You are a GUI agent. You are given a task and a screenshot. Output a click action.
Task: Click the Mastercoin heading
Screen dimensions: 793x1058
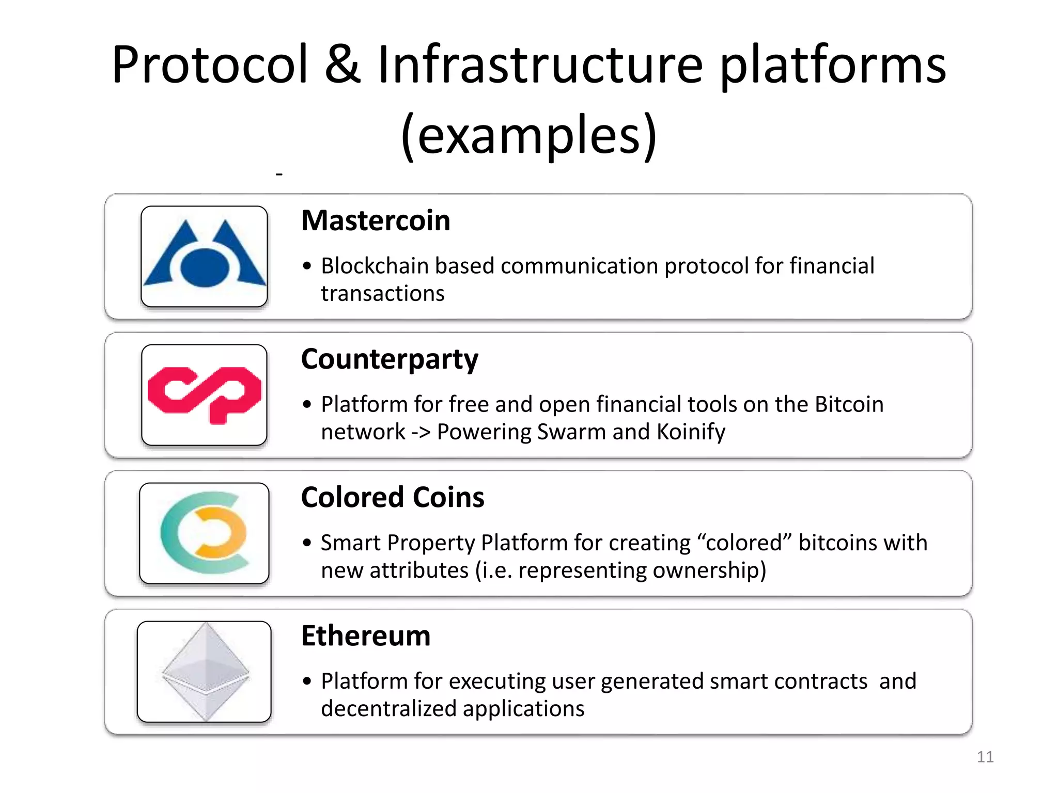click(x=376, y=221)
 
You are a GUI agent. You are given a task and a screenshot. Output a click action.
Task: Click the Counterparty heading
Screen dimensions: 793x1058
click(x=390, y=359)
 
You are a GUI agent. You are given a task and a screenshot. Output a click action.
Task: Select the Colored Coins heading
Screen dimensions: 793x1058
click(x=393, y=498)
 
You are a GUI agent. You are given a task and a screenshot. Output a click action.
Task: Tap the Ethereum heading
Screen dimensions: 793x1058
click(x=366, y=636)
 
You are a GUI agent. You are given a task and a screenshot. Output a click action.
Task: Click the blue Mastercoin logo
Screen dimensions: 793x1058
click(x=205, y=257)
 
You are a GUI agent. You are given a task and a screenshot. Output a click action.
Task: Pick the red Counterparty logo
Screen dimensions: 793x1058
click(x=205, y=395)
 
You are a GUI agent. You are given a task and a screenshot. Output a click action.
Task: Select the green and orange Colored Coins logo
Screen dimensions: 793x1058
click(x=205, y=533)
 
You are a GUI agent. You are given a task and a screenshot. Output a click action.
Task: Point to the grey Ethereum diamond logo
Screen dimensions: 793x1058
click(x=205, y=671)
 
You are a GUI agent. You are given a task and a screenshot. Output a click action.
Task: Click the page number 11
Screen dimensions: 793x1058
click(x=985, y=757)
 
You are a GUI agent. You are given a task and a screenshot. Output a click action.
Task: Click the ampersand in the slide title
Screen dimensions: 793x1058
click(x=343, y=65)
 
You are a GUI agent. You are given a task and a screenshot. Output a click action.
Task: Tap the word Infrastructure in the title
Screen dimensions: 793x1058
click(x=540, y=65)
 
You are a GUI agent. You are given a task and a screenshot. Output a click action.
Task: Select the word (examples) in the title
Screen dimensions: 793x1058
click(x=529, y=135)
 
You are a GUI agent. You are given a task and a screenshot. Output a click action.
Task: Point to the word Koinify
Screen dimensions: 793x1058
click(x=691, y=432)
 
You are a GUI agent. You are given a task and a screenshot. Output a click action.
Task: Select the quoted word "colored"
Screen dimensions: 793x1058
click(x=744, y=543)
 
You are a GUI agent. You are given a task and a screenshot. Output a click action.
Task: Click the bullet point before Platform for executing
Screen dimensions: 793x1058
click(x=307, y=681)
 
